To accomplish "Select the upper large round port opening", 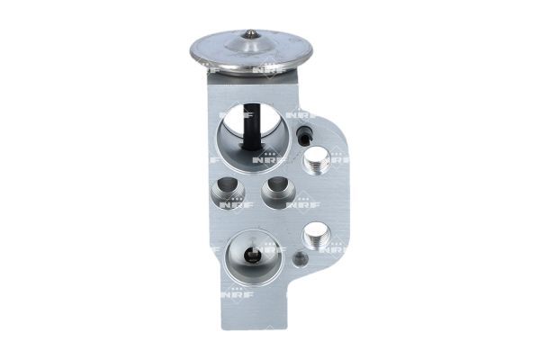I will [x=249, y=132].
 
